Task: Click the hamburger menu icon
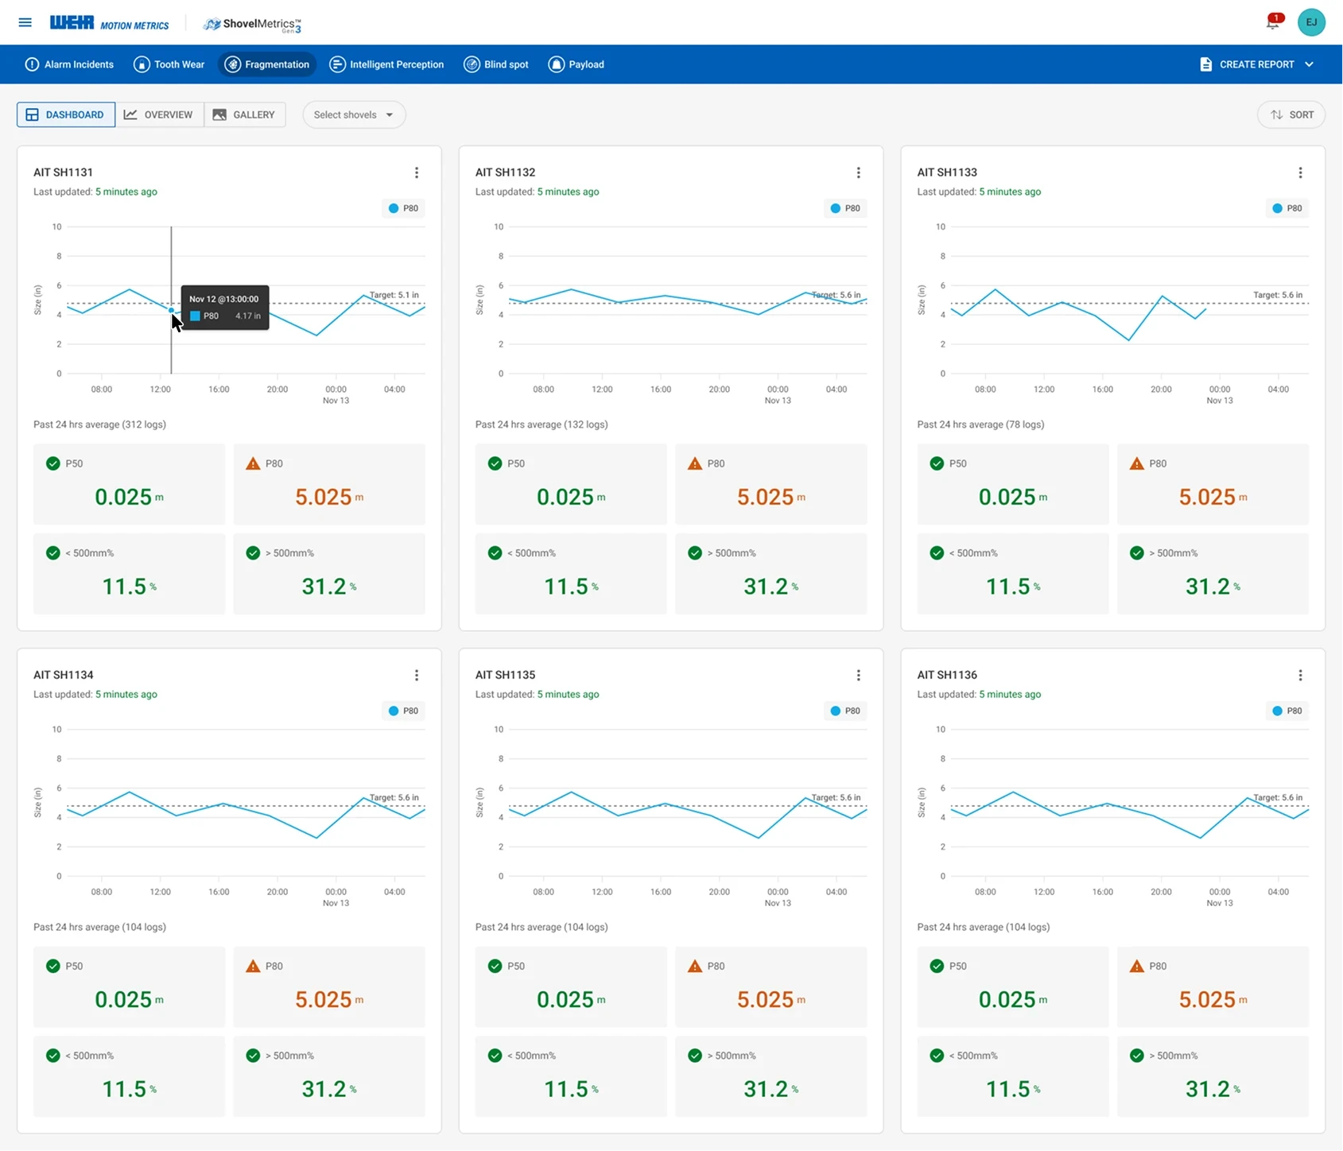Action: [x=25, y=22]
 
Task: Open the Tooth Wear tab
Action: [x=169, y=64]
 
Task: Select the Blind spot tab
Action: [x=496, y=64]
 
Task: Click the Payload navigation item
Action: [x=576, y=64]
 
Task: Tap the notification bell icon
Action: [x=1273, y=22]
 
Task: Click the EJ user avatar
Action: [x=1311, y=22]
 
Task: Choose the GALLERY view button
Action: [x=244, y=114]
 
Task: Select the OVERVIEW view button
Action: [x=159, y=114]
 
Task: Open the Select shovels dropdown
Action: [x=354, y=114]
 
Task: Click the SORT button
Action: [x=1291, y=114]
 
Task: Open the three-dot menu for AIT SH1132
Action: [x=858, y=172]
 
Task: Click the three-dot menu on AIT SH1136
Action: [x=1300, y=675]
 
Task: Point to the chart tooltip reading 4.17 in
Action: [x=225, y=308]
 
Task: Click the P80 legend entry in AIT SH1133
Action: [x=1287, y=208]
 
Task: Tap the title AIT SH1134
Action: [x=64, y=675]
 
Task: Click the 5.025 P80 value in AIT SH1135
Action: [x=765, y=999]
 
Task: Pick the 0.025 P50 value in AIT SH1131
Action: [x=123, y=497]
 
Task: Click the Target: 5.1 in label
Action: [x=394, y=295]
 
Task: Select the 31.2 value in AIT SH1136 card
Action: [x=1208, y=1088]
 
